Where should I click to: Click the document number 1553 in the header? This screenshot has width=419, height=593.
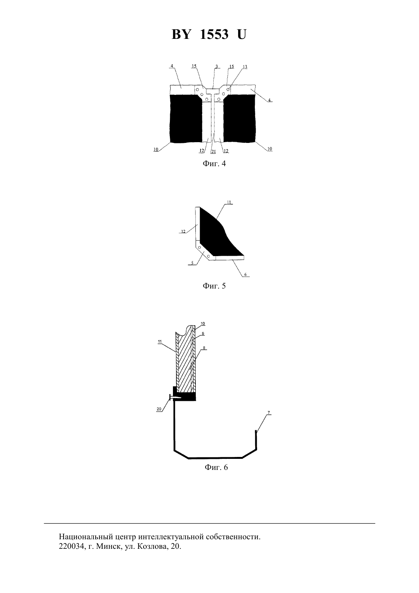pyautogui.click(x=214, y=34)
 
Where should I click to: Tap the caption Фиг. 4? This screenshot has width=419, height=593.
pyautogui.click(x=214, y=163)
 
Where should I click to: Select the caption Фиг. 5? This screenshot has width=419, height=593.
pyautogui.click(x=214, y=286)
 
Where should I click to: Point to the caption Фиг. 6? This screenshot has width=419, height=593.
pyautogui.click(x=216, y=467)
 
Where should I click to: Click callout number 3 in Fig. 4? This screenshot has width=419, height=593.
pyautogui.click(x=217, y=66)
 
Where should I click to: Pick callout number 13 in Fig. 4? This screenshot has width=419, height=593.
pyautogui.click(x=245, y=67)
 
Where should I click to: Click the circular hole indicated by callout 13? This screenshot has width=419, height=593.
pyautogui.click(x=228, y=90)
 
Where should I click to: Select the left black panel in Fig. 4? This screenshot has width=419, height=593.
pyautogui.click(x=186, y=119)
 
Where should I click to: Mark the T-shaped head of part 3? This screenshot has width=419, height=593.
pyautogui.click(x=213, y=91)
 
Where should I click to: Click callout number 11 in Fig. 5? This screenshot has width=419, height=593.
pyautogui.click(x=229, y=202)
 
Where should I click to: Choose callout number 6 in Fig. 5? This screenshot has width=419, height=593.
pyautogui.click(x=245, y=275)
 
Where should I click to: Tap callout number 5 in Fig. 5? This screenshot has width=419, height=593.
pyautogui.click(x=192, y=263)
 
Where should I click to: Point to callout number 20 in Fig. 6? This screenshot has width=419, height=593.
pyautogui.click(x=159, y=409)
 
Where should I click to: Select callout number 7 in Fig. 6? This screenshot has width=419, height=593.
pyautogui.click(x=269, y=413)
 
